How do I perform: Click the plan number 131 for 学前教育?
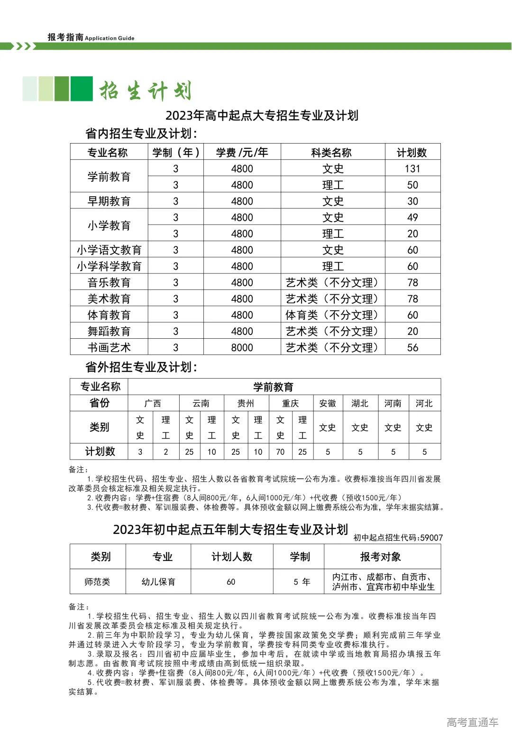point(412,169)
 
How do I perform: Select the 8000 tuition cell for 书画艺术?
point(242,347)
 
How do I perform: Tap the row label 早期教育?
point(109,201)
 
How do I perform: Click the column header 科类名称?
point(332,153)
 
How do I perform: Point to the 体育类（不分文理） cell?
point(332,315)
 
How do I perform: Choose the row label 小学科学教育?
point(109,266)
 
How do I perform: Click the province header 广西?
point(153,403)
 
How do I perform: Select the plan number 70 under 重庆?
point(280,452)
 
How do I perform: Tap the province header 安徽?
point(328,403)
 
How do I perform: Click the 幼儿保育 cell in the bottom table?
point(158,581)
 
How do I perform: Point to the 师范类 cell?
point(98,581)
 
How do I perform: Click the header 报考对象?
point(381,557)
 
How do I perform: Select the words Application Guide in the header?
point(110,38)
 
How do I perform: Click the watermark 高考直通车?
point(472,722)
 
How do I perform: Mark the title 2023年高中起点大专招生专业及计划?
point(262,116)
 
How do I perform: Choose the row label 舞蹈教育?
point(109,331)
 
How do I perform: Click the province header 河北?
point(424,403)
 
